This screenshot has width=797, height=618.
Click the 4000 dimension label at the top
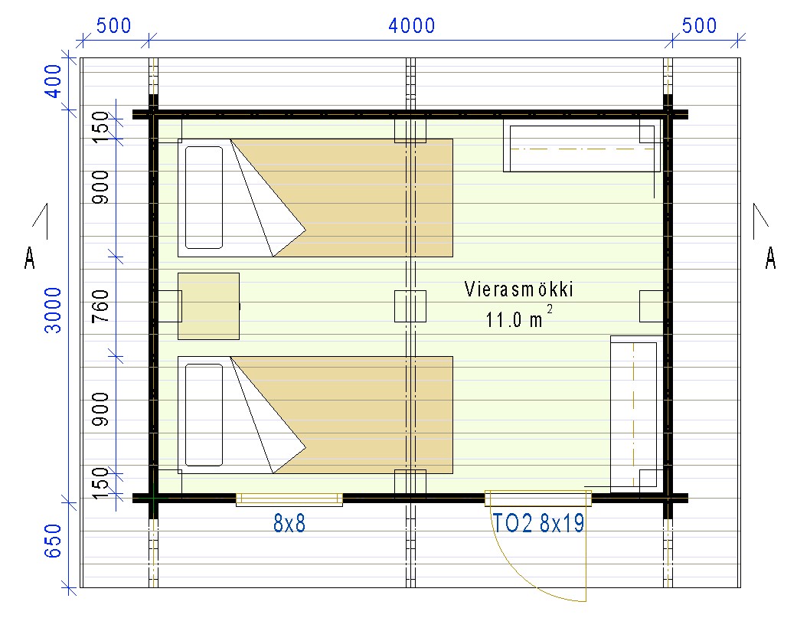[x=412, y=25]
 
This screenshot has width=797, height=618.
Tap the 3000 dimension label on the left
[x=53, y=310]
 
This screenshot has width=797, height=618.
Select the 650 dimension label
[x=53, y=541]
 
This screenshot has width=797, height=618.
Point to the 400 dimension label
[x=53, y=81]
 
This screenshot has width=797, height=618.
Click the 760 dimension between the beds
[x=100, y=306]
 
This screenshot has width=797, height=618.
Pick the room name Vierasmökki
[x=519, y=289]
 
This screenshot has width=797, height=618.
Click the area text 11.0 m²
[x=519, y=318]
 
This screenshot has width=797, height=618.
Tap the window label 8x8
[x=289, y=523]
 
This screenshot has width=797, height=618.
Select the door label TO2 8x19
[x=539, y=523]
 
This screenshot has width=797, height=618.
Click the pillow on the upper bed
[x=204, y=198]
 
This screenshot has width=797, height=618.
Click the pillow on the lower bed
[x=204, y=415]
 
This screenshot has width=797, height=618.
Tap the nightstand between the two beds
[x=208, y=306]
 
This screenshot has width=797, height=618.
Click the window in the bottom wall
[x=289, y=499]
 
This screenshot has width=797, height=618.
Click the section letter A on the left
[x=30, y=257]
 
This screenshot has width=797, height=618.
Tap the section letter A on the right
[x=770, y=257]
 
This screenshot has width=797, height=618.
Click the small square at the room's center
[x=410, y=306]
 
